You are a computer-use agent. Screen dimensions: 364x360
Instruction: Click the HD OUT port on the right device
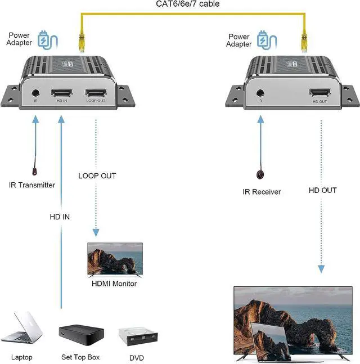point(319,93)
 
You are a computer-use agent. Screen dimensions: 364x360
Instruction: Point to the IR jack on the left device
point(35,94)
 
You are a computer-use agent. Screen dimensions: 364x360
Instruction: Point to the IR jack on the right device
point(260,94)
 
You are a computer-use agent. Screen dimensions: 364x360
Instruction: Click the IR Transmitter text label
point(31,185)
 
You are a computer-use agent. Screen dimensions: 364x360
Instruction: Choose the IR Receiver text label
point(262,192)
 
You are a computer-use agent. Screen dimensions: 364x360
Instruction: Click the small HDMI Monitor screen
point(115,259)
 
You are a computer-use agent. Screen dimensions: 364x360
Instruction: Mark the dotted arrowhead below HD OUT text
point(321,269)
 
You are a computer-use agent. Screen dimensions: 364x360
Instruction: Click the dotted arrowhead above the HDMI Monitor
point(96,232)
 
